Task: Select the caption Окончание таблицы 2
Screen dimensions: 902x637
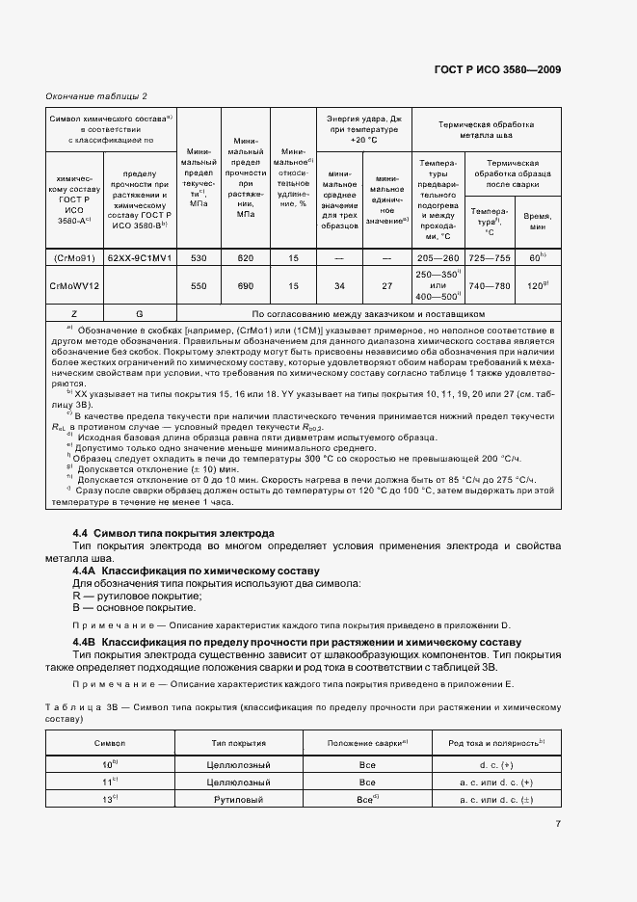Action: point(96,95)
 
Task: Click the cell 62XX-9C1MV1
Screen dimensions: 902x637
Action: point(140,258)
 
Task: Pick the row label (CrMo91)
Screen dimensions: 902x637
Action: point(74,258)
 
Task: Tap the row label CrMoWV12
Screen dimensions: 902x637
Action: point(74,286)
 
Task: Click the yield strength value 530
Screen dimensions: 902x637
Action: point(199,258)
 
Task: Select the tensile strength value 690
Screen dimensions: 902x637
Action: point(245,286)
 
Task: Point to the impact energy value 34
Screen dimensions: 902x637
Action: point(339,286)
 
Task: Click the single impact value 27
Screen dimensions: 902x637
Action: point(386,286)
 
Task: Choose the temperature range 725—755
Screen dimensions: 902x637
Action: point(490,258)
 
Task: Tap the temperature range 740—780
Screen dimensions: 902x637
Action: point(490,286)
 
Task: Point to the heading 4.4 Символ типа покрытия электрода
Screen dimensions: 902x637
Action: point(173,533)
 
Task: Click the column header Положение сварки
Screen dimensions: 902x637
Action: point(367,743)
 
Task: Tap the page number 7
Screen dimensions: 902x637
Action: point(558,823)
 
